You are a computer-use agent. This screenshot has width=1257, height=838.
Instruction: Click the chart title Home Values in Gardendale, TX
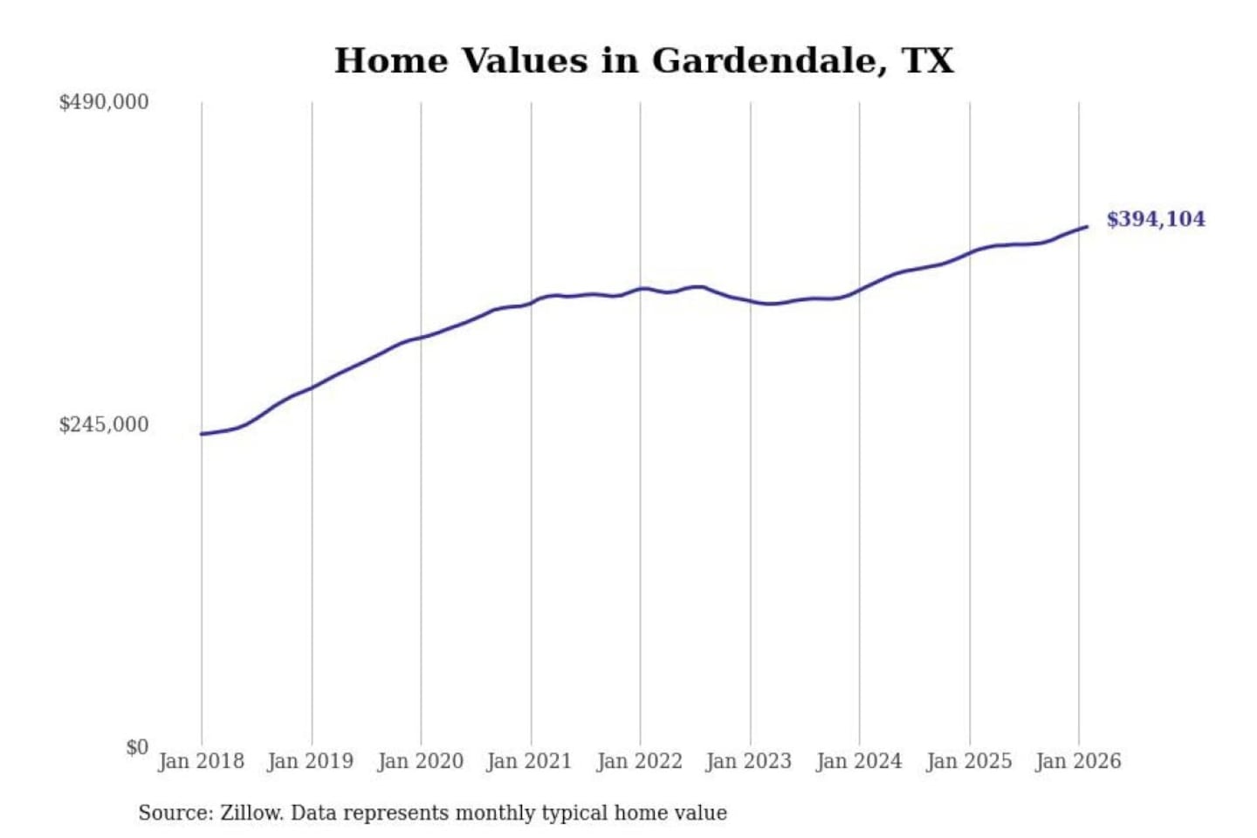(x=644, y=61)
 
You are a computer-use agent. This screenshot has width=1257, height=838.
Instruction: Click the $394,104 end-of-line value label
(x=1156, y=219)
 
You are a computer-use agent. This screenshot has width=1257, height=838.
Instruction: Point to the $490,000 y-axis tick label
(x=104, y=102)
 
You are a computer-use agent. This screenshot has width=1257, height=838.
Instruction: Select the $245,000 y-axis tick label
(x=104, y=425)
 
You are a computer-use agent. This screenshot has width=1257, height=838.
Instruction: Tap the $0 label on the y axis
(x=137, y=747)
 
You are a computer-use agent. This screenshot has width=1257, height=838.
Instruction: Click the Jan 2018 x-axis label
(x=201, y=761)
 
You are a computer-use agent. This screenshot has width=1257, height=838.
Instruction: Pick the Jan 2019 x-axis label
(x=311, y=761)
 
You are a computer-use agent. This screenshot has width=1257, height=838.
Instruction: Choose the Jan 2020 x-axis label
(x=420, y=761)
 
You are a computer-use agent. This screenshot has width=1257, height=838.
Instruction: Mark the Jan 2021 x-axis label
(x=529, y=761)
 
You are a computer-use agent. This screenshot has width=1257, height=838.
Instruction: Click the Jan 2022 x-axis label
(x=639, y=761)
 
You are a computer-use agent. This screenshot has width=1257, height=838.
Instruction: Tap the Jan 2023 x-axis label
(x=749, y=761)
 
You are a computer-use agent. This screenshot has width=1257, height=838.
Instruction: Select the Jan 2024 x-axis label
(x=859, y=761)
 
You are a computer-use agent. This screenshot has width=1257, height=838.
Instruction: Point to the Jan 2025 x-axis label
(x=969, y=761)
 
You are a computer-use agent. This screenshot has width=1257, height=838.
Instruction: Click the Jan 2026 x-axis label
(x=1078, y=761)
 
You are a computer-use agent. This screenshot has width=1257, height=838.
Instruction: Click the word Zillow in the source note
(x=251, y=814)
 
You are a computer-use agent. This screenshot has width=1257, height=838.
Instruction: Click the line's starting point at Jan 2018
(x=203, y=434)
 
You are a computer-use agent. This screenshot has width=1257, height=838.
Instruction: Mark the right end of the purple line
(x=1086, y=227)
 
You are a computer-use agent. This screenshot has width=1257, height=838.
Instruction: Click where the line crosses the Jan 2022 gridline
(x=640, y=288)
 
